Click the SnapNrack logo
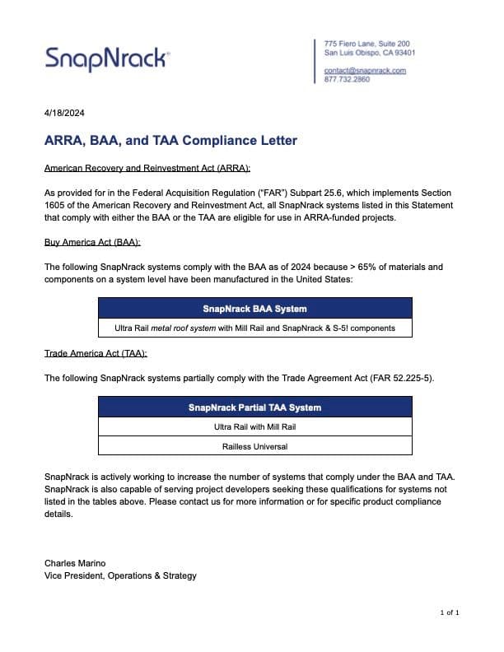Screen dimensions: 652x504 107,58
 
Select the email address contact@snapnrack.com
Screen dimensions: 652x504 365,71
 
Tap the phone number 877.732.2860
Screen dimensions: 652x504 347,80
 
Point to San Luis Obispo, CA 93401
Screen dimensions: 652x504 370,53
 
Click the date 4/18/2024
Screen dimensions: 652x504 64,113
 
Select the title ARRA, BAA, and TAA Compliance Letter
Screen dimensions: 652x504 170,141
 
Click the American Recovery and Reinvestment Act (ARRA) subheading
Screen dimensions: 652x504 135,168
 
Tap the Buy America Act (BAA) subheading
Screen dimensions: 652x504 92,243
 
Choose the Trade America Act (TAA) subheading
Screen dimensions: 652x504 96,353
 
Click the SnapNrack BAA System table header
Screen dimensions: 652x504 254,309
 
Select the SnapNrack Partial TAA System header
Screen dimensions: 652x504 254,407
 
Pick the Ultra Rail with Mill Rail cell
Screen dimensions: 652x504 254,427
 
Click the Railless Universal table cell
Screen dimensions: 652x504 254,447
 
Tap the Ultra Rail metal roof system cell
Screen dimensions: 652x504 254,328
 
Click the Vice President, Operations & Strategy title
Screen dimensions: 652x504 120,575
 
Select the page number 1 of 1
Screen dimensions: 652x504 450,612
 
